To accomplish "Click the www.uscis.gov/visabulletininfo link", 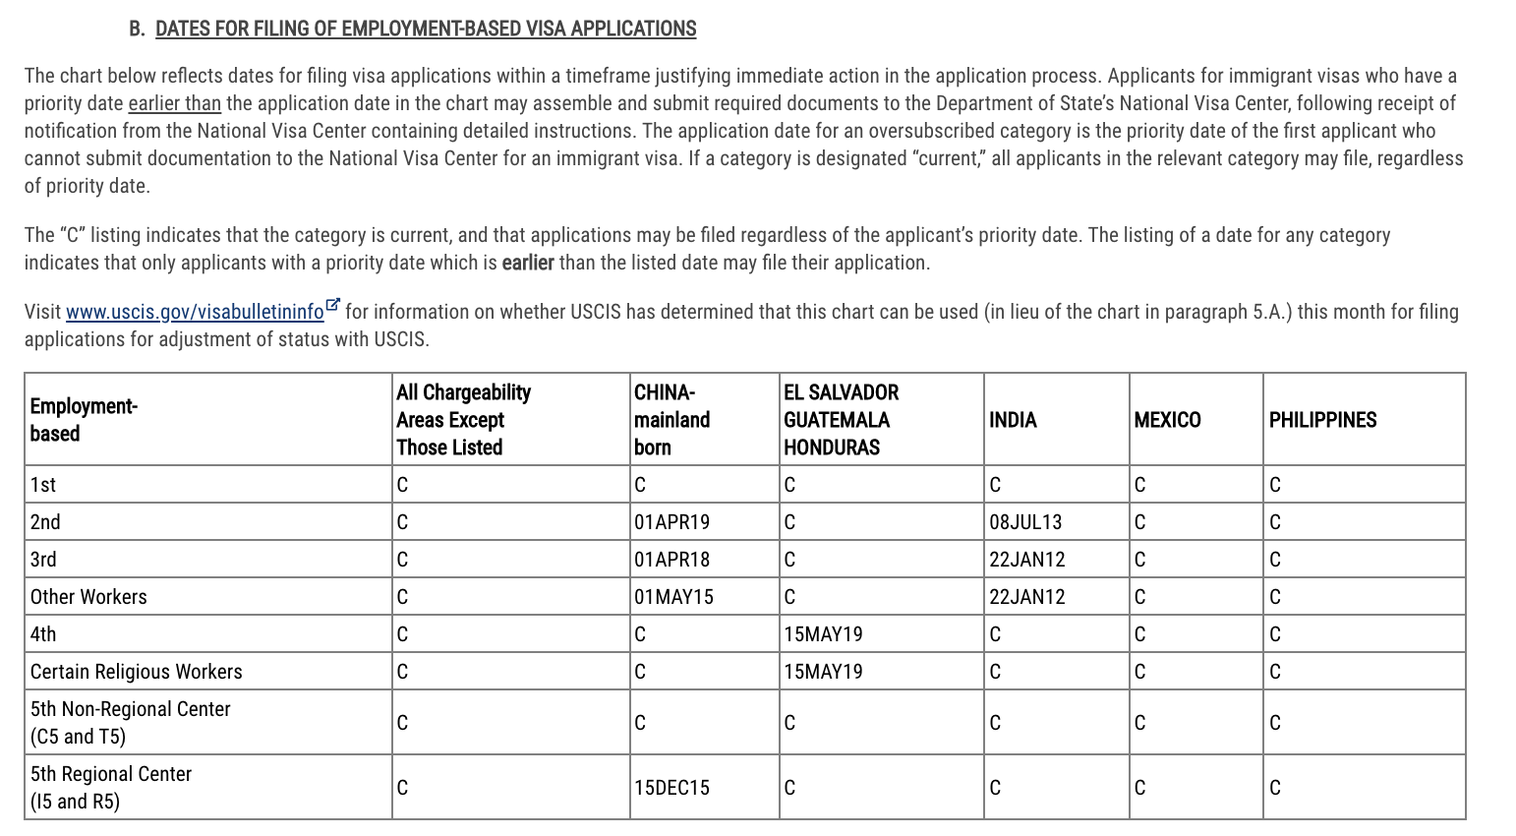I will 195,312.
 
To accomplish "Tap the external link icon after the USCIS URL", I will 333,306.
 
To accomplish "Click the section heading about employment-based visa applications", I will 425,29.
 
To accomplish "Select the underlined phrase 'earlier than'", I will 174,103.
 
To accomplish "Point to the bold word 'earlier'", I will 528,263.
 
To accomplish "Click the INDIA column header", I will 1013,420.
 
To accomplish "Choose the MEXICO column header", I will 1167,420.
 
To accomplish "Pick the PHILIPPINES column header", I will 1322,420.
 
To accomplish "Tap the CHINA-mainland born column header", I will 671,420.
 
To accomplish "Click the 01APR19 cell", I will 672,522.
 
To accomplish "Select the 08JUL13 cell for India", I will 1025,522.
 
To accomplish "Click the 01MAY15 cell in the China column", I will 673,597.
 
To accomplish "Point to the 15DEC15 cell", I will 671,788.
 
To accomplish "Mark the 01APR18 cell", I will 672,560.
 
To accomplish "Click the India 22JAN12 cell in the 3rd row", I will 1026,560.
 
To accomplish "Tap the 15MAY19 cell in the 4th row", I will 823,634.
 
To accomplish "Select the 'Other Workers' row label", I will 88,597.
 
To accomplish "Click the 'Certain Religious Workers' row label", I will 136,672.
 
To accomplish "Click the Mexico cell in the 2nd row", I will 1139,522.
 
